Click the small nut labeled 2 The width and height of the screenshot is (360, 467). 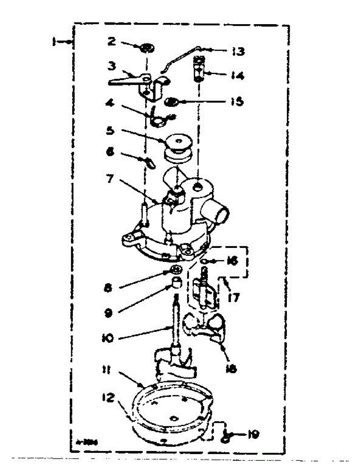pyautogui.click(x=147, y=49)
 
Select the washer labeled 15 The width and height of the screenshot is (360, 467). pyautogui.click(x=171, y=103)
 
